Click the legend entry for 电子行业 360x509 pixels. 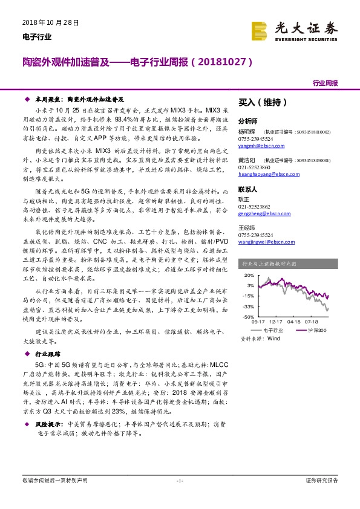pos(269,331)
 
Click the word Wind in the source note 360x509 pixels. pos(273,339)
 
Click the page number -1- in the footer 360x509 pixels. pos(179,481)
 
